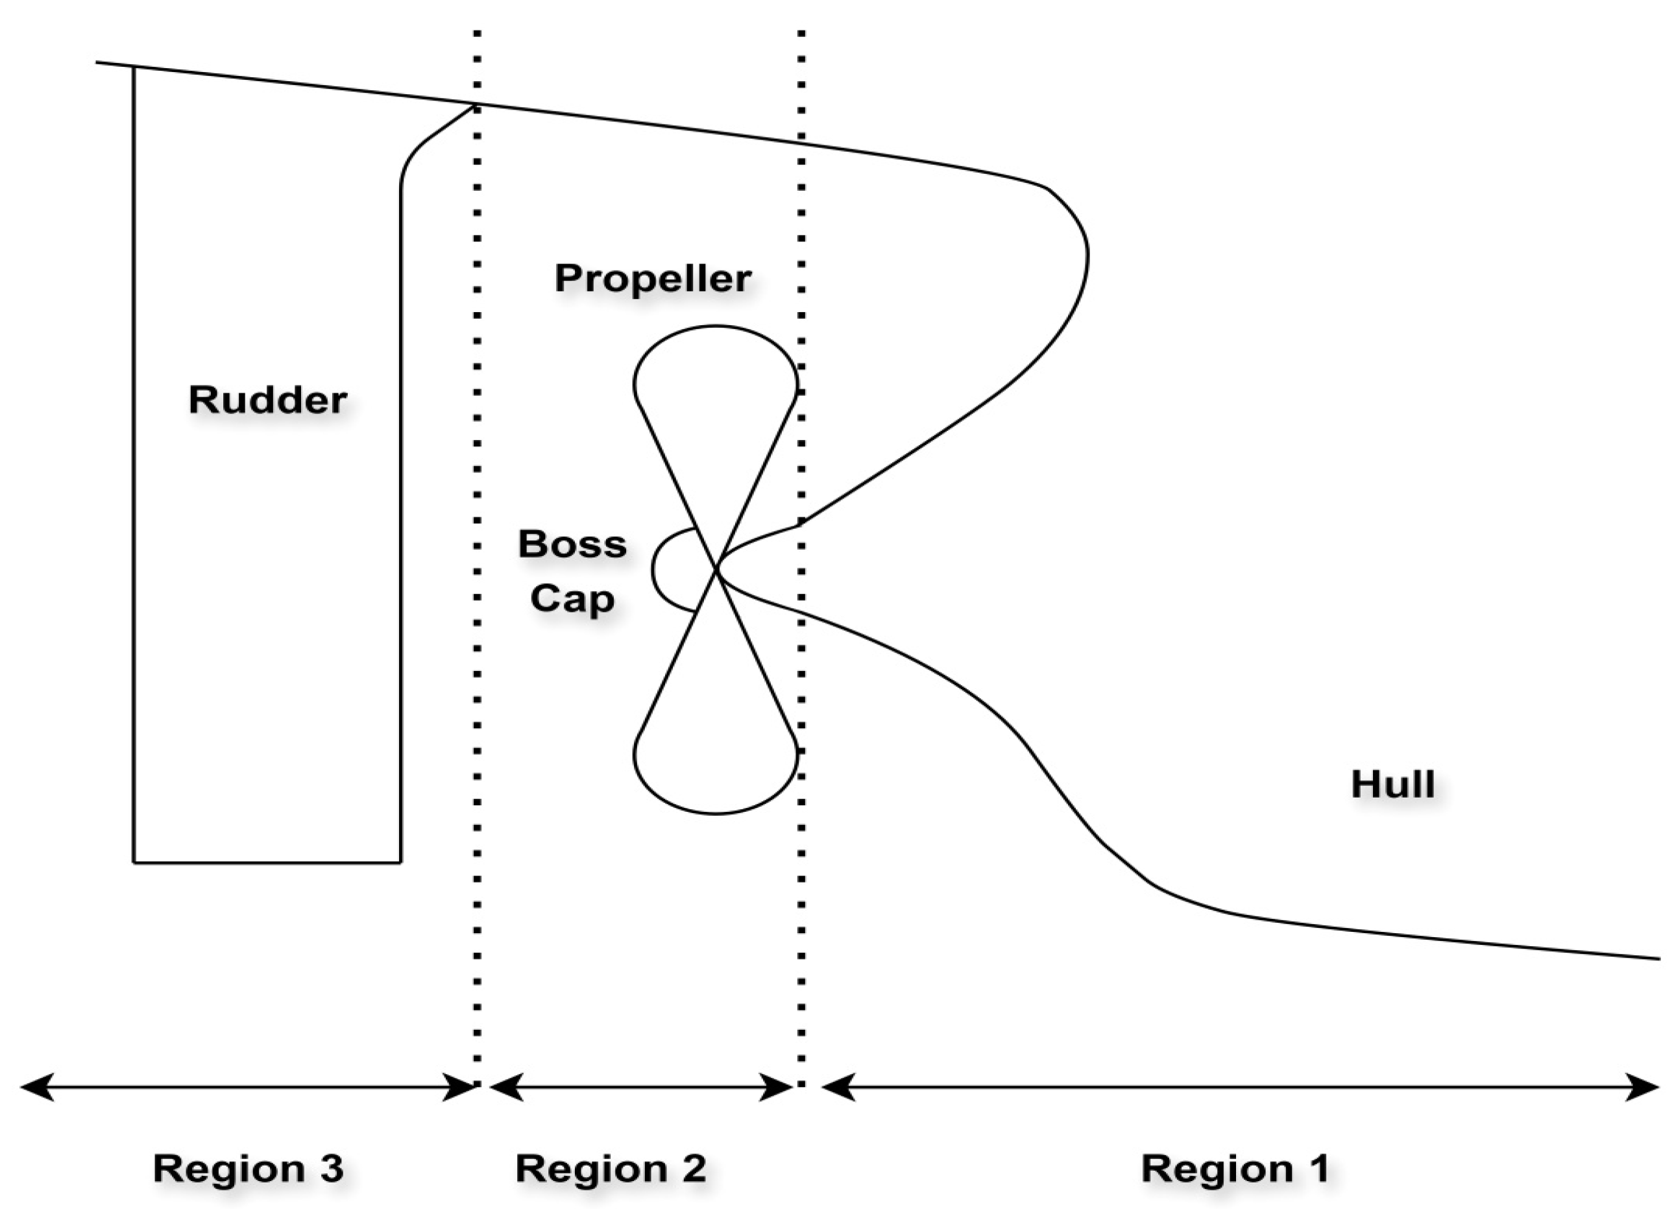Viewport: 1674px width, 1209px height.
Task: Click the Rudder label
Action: point(267,400)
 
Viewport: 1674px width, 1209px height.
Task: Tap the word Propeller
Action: point(653,278)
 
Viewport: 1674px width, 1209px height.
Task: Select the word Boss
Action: point(572,544)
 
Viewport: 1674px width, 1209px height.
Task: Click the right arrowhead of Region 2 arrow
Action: point(778,1087)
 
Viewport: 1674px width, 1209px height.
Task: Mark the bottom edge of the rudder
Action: point(267,861)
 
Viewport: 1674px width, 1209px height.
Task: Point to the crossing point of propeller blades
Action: point(716,569)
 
